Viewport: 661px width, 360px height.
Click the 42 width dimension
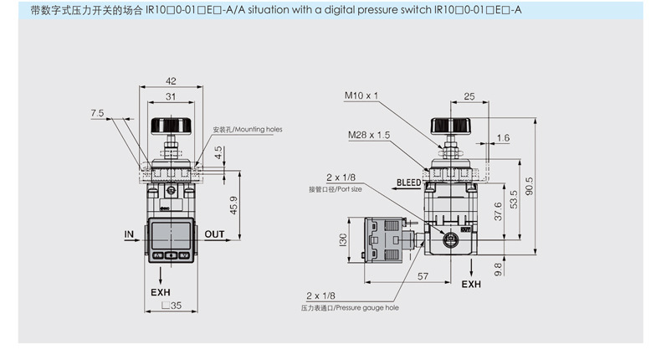(171, 81)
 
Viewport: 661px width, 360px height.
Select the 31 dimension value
(171, 96)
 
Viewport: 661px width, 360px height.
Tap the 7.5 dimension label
(97, 113)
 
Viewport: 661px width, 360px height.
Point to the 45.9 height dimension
(233, 205)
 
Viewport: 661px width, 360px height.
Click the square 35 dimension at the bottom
(172, 305)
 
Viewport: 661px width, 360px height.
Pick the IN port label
(129, 234)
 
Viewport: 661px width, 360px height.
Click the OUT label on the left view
(214, 234)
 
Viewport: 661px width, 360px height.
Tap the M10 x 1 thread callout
(361, 95)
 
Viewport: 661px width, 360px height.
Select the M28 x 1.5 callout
(369, 135)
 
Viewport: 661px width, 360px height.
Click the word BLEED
(409, 183)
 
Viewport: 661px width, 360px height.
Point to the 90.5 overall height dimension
(530, 186)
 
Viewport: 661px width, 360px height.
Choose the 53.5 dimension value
(514, 199)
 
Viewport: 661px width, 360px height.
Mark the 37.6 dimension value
(498, 211)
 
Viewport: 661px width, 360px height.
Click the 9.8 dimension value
(498, 270)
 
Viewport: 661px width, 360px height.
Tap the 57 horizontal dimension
(423, 276)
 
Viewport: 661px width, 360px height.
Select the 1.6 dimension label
(503, 138)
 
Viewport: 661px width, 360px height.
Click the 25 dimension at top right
(469, 96)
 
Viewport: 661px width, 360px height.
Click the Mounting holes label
(248, 130)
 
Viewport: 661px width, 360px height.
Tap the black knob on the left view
(172, 126)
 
